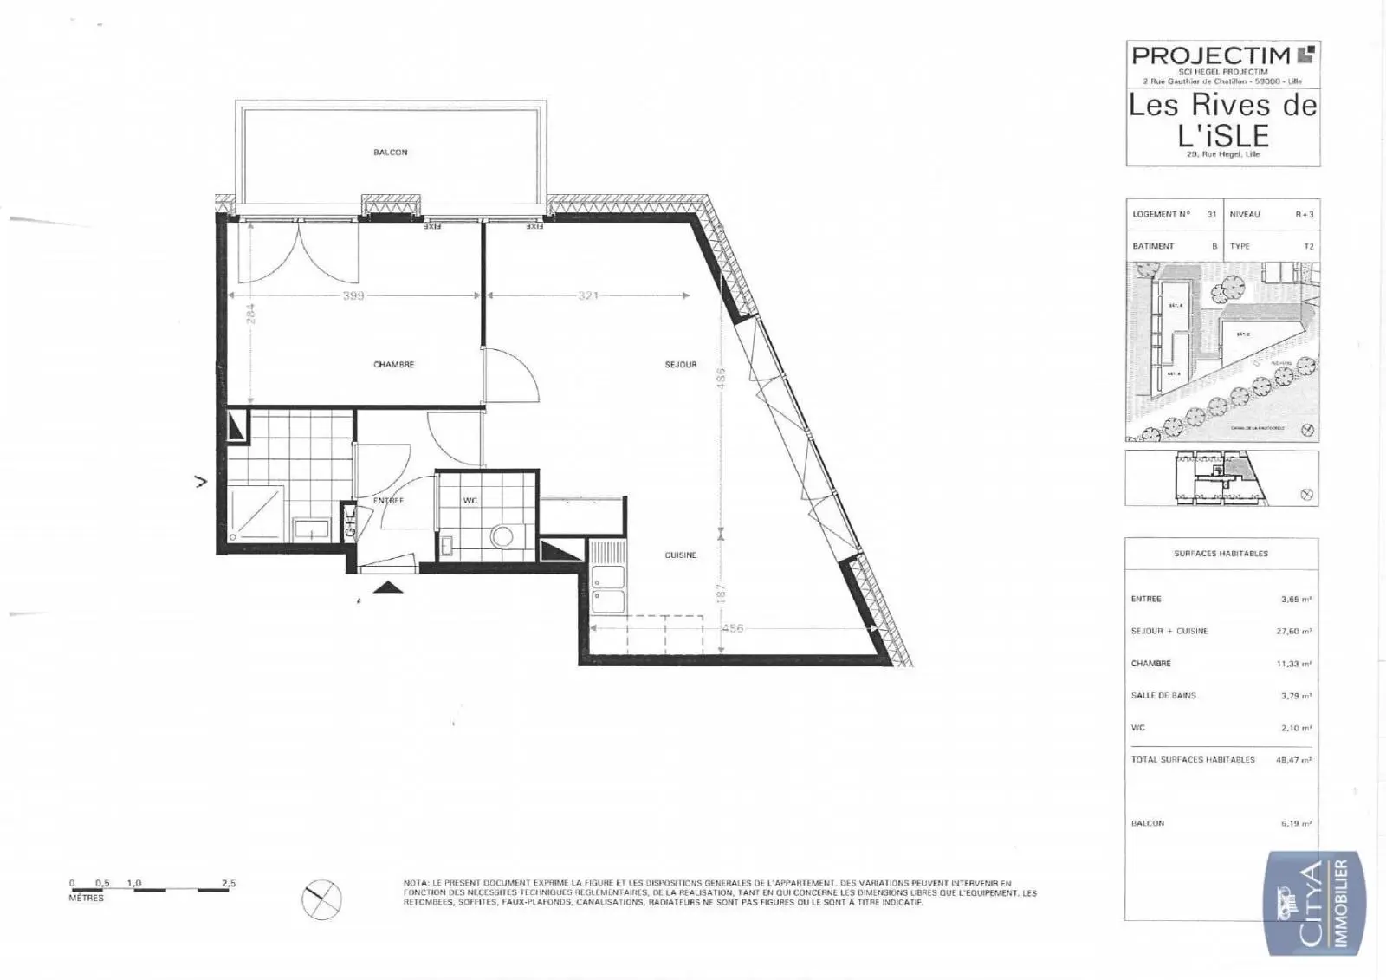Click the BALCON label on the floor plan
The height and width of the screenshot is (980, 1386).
pyautogui.click(x=390, y=153)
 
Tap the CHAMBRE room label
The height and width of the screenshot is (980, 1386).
pyautogui.click(x=393, y=365)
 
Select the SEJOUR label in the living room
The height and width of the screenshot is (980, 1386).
pyautogui.click(x=681, y=365)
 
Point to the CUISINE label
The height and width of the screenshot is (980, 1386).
pyautogui.click(x=681, y=555)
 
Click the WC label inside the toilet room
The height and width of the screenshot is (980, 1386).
pyautogui.click(x=470, y=501)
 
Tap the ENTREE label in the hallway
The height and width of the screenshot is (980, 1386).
pyautogui.click(x=388, y=501)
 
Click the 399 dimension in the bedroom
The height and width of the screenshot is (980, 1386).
pyautogui.click(x=353, y=295)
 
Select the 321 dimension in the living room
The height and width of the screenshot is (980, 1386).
pyautogui.click(x=588, y=295)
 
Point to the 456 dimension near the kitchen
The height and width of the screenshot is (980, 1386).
pyautogui.click(x=733, y=628)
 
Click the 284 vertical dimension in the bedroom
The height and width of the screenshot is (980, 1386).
pyautogui.click(x=251, y=313)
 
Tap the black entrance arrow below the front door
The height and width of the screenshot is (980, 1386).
pyautogui.click(x=388, y=587)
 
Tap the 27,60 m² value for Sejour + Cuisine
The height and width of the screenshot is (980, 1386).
pyautogui.click(x=1294, y=632)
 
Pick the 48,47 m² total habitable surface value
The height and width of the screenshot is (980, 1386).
pyautogui.click(x=1294, y=760)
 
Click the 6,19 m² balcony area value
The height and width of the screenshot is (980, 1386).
pyautogui.click(x=1296, y=824)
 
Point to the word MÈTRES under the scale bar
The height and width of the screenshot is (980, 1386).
pyautogui.click(x=86, y=899)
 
